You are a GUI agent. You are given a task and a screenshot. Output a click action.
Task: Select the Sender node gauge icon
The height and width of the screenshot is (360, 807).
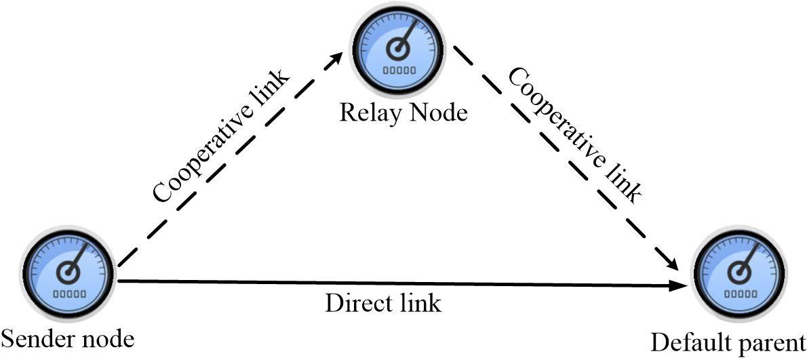pos(68,276)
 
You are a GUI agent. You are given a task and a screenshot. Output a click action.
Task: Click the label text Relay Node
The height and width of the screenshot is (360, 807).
pos(403,111)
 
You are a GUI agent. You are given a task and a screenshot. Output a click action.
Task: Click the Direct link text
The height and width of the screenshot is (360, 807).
pos(383,302)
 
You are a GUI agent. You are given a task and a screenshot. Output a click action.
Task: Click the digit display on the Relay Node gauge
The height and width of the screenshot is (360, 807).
pos(398,71)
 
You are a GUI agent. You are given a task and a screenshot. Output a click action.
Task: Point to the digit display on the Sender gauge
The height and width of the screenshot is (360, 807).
pos(68,294)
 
